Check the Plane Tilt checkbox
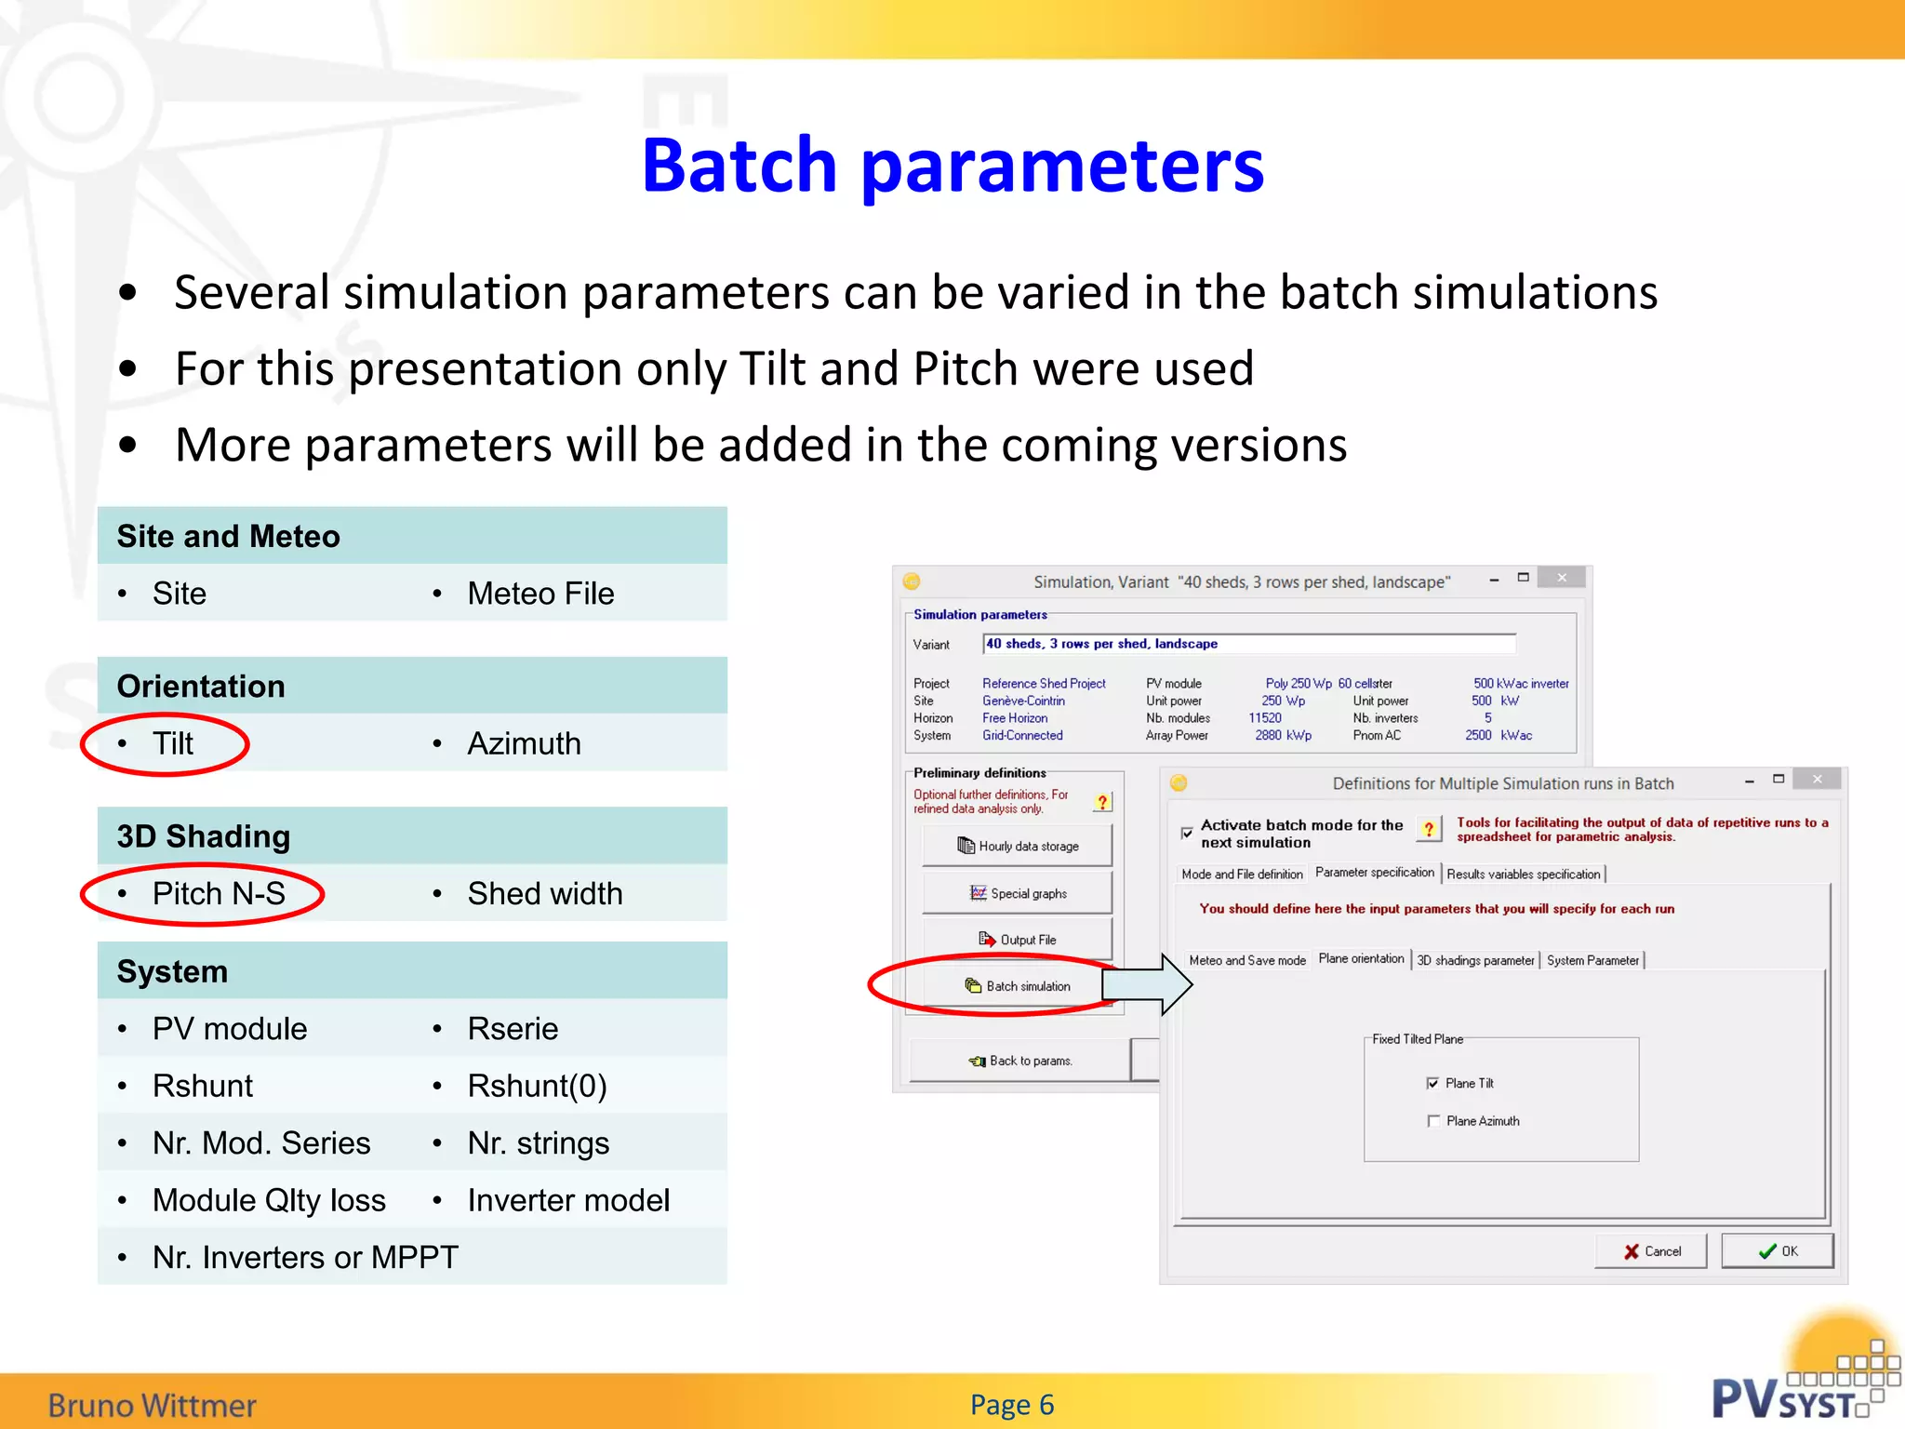click(x=1432, y=1083)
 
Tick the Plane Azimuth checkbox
click(x=1433, y=1121)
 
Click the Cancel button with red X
click(x=1651, y=1251)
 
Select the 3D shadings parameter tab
click(x=1474, y=960)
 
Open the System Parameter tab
click(x=1592, y=960)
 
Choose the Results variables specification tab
click(x=1523, y=875)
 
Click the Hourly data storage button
click(x=1017, y=846)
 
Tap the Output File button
click(x=1017, y=940)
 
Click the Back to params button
click(x=1019, y=1061)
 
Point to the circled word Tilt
click(x=173, y=743)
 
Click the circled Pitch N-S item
click(x=218, y=894)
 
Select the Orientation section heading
click(x=201, y=687)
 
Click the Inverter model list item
click(x=567, y=1200)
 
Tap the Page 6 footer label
click(x=1011, y=1404)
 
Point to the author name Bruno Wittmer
click(x=152, y=1405)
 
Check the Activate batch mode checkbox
click(x=1187, y=833)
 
